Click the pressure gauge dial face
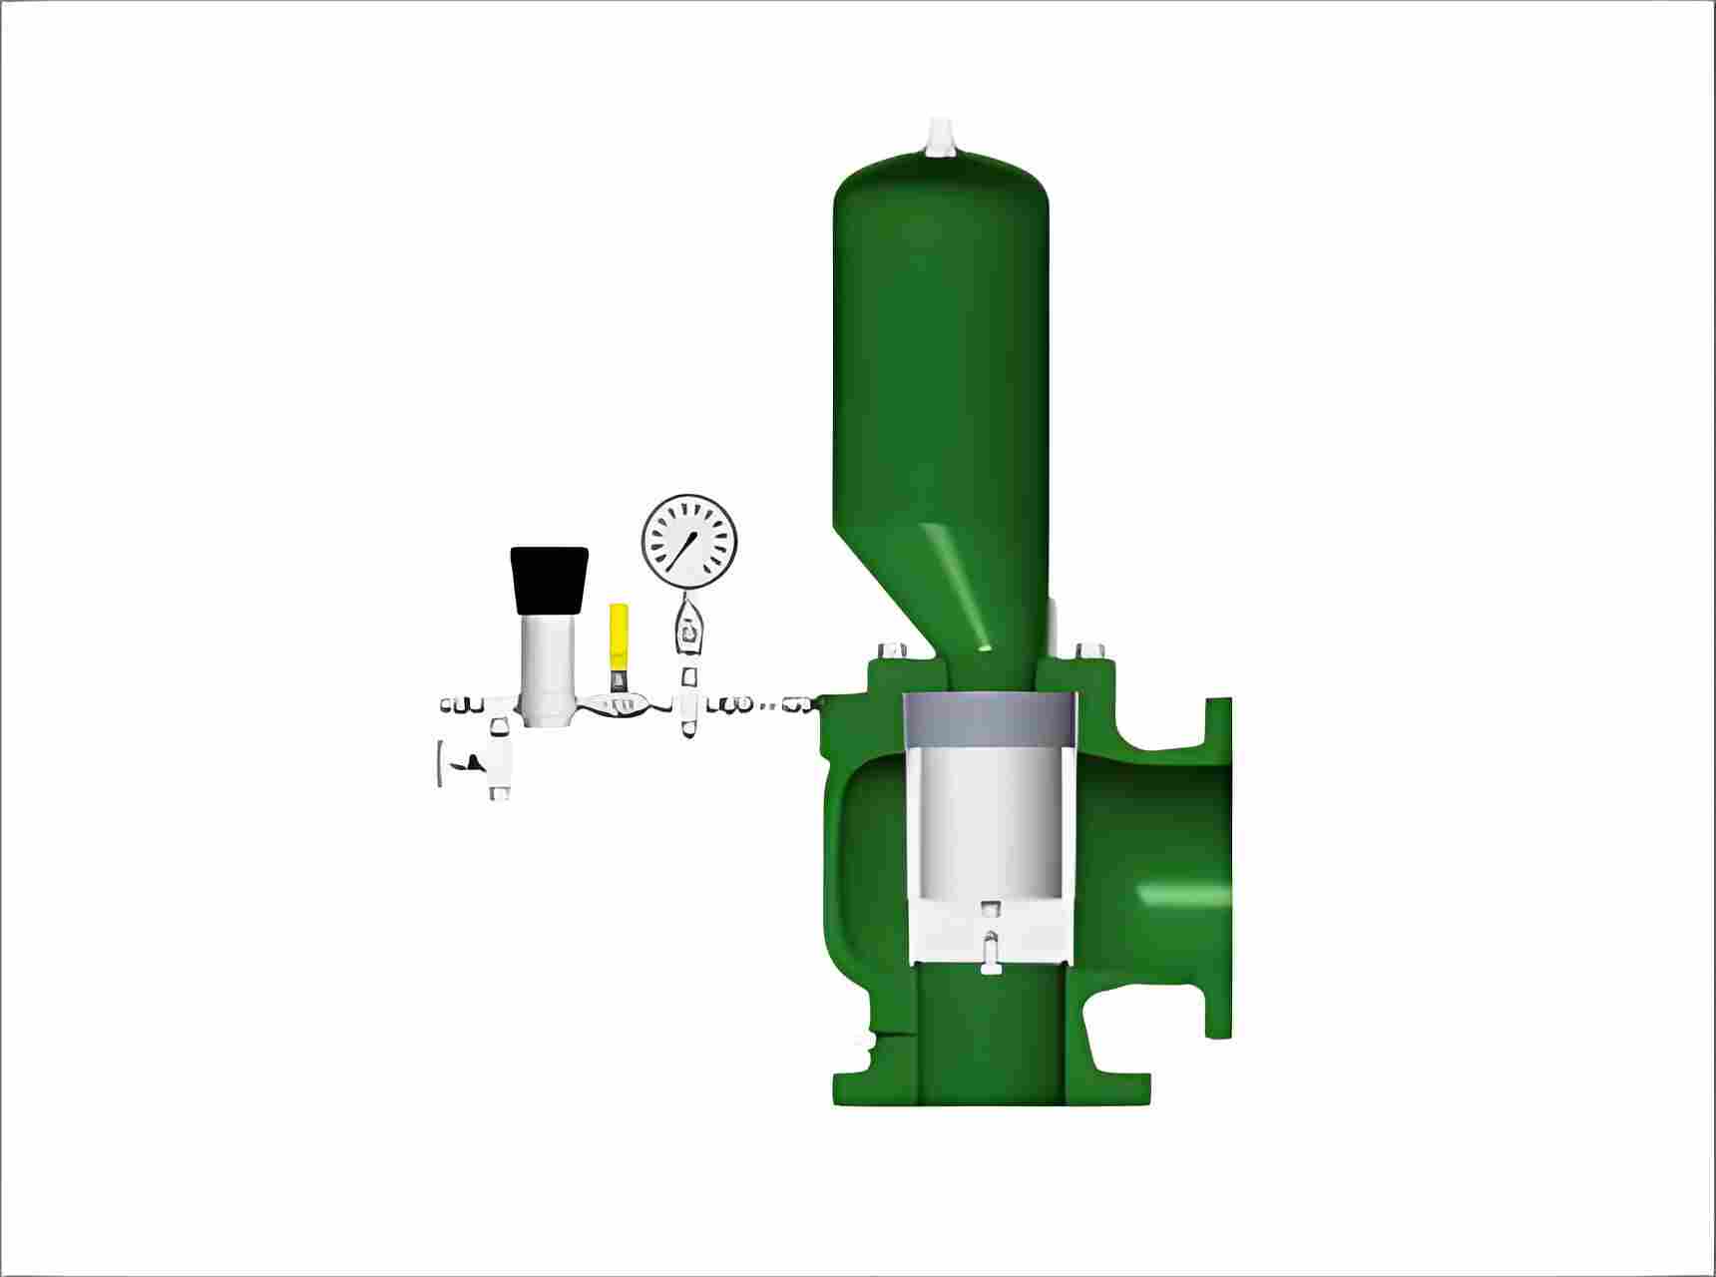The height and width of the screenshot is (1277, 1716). [688, 540]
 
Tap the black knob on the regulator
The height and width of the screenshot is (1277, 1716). [549, 580]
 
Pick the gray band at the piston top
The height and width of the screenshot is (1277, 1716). [990, 719]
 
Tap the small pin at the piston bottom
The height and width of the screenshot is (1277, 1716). [989, 948]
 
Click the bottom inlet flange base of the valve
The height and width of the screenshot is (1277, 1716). [991, 1088]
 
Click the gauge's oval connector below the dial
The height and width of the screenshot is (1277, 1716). [687, 629]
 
